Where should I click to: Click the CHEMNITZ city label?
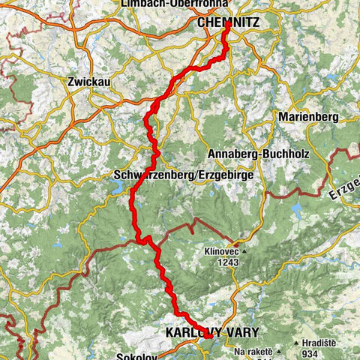[229, 23]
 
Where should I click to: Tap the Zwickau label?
[88, 82]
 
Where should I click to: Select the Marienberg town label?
[308, 118]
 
